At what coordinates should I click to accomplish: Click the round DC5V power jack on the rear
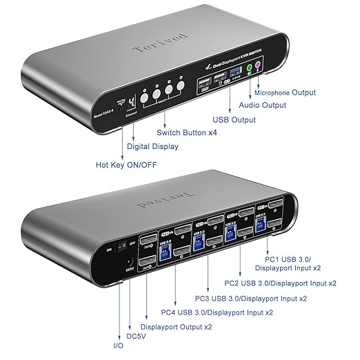pos(130,262)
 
